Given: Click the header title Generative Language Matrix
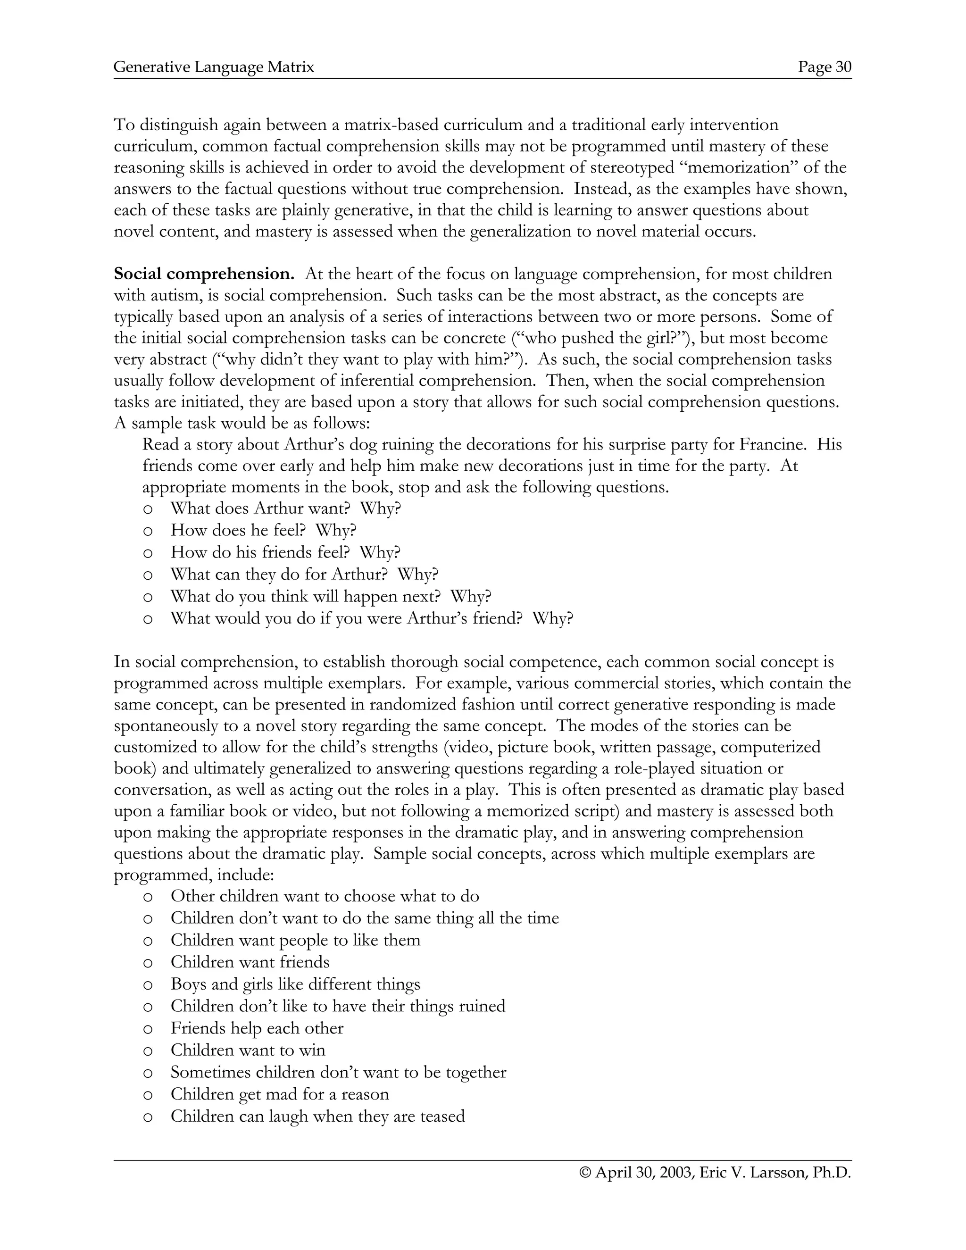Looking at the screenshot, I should [x=214, y=67].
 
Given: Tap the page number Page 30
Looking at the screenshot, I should [x=824, y=67].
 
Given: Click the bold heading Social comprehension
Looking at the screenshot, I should [x=204, y=274].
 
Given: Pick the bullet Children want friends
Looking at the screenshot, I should [x=250, y=962].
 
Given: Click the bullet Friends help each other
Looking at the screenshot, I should [x=257, y=1028].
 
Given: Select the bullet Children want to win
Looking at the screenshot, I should [x=247, y=1050].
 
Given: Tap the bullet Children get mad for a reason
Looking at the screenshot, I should [x=279, y=1094].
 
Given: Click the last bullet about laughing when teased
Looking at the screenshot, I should [x=317, y=1116].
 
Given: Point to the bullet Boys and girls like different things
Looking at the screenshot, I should [x=295, y=984].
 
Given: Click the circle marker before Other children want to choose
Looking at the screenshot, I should [x=148, y=897].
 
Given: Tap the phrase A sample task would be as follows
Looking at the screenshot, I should [x=242, y=424].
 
